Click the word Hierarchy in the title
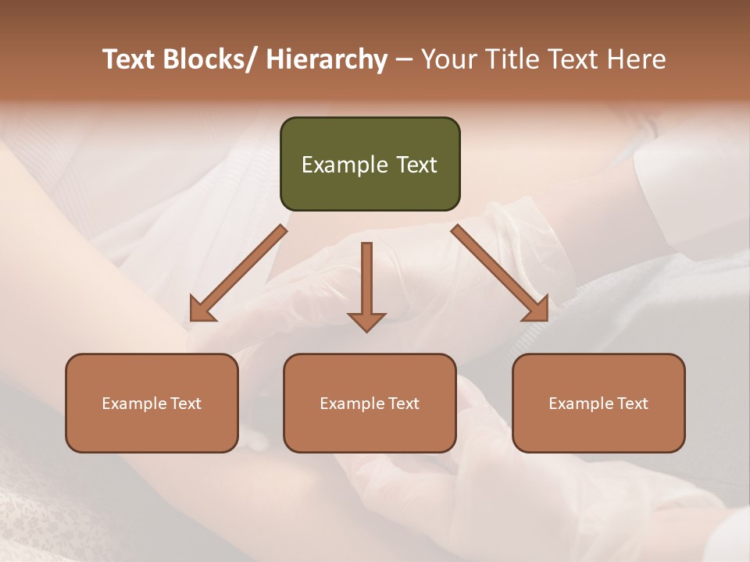(327, 59)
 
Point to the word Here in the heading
(636, 59)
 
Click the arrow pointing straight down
(366, 286)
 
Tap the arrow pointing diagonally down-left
(238, 273)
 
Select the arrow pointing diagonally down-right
(499, 272)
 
